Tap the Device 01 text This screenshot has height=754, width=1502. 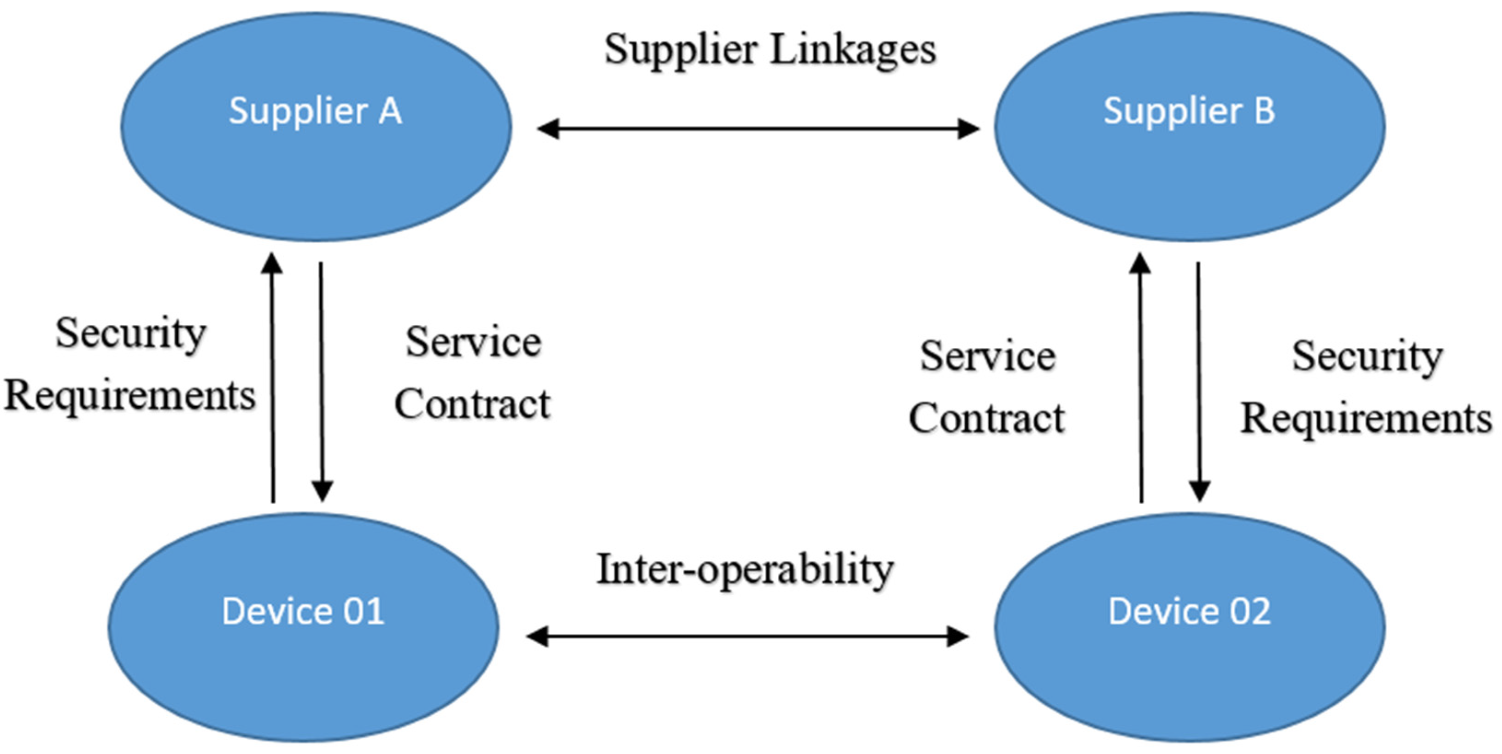point(303,611)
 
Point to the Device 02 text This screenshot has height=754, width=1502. point(1190,611)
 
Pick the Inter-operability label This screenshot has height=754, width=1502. point(745,570)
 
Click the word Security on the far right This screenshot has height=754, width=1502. point(1367,357)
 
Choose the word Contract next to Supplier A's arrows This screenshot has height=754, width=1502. point(472,404)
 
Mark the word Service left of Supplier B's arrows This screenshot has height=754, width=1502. point(988,357)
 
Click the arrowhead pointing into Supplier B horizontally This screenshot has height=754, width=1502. point(968,129)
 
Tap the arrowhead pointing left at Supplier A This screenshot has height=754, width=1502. point(547,129)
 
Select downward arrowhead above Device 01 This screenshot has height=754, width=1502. point(322,491)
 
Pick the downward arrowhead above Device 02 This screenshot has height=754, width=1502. point(1199,491)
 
